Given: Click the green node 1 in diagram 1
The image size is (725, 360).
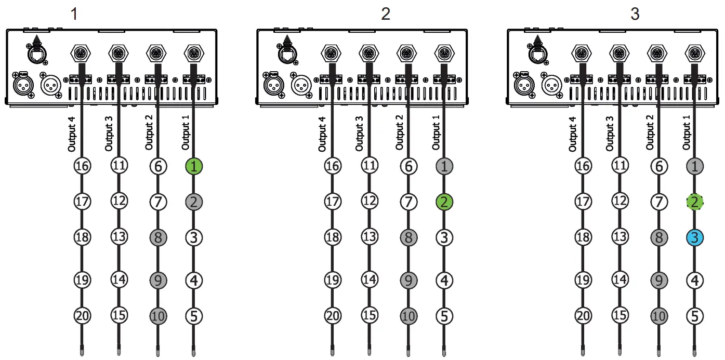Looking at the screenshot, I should pyautogui.click(x=193, y=167).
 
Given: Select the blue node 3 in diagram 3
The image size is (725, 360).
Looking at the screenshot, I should pyautogui.click(x=695, y=238).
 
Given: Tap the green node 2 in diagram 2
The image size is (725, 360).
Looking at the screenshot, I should pyautogui.click(x=444, y=202).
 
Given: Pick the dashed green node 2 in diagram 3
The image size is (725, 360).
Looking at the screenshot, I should pyautogui.click(x=695, y=202).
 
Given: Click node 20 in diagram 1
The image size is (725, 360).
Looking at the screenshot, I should pyautogui.click(x=82, y=315).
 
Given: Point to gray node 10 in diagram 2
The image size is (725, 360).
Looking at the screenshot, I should pyautogui.click(x=408, y=315).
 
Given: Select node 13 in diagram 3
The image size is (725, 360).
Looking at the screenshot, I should pyautogui.click(x=619, y=237).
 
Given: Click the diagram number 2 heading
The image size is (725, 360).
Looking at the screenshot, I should pyautogui.click(x=385, y=14).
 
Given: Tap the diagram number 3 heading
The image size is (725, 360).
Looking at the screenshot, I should pyautogui.click(x=635, y=14).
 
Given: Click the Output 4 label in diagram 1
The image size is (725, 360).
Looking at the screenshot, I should pyautogui.click(x=72, y=135).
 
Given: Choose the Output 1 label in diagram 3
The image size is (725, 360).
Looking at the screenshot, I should pyautogui.click(x=687, y=135).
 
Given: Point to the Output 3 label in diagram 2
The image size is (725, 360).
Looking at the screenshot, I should pyautogui.click(x=360, y=135).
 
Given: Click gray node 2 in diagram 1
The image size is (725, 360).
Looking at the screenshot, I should pyautogui.click(x=193, y=202).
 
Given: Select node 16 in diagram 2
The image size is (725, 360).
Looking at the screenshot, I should pyautogui.click(x=332, y=167).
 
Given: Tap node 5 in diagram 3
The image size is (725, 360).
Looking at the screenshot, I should pyautogui.click(x=695, y=315).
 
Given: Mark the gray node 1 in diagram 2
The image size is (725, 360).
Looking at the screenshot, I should pyautogui.click(x=444, y=167).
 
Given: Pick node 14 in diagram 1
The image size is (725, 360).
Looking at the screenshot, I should pyautogui.click(x=119, y=280).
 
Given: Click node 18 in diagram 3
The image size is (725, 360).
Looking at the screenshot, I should pyautogui.click(x=583, y=237).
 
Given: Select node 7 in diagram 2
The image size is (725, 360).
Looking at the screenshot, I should pyautogui.click(x=408, y=202).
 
